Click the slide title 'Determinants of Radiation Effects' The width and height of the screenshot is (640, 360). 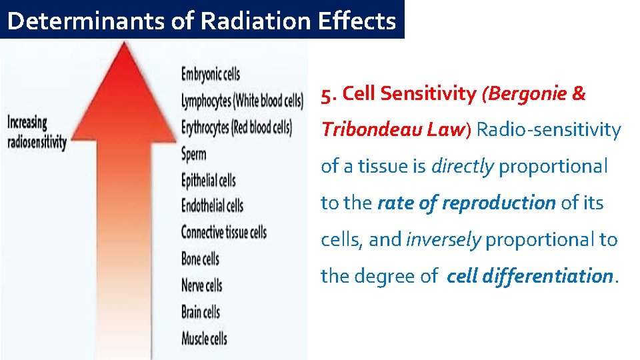(x=201, y=21)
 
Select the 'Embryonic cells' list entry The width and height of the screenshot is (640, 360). (x=211, y=74)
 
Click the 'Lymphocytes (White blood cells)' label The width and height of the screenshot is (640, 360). (x=242, y=101)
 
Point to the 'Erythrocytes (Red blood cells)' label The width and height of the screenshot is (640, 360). (x=237, y=127)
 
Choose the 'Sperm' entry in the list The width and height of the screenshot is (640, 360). (x=194, y=154)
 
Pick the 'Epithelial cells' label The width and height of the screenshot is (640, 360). (x=209, y=180)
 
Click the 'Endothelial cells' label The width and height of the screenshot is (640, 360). (x=212, y=205)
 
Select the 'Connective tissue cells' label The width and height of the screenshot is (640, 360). (x=224, y=232)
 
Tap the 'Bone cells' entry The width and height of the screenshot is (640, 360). (x=200, y=259)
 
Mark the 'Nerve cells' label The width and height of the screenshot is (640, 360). (x=202, y=285)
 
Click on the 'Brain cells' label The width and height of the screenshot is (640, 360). (x=201, y=311)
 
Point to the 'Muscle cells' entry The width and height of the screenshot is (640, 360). (x=204, y=338)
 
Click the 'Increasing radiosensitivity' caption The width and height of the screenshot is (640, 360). (x=37, y=132)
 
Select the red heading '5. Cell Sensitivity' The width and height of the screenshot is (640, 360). (x=398, y=94)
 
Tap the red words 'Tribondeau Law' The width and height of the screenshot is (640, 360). (x=392, y=129)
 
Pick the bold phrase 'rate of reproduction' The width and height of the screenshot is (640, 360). (x=466, y=203)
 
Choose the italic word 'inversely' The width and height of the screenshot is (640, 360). (x=443, y=239)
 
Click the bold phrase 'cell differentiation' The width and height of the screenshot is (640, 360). (x=529, y=275)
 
